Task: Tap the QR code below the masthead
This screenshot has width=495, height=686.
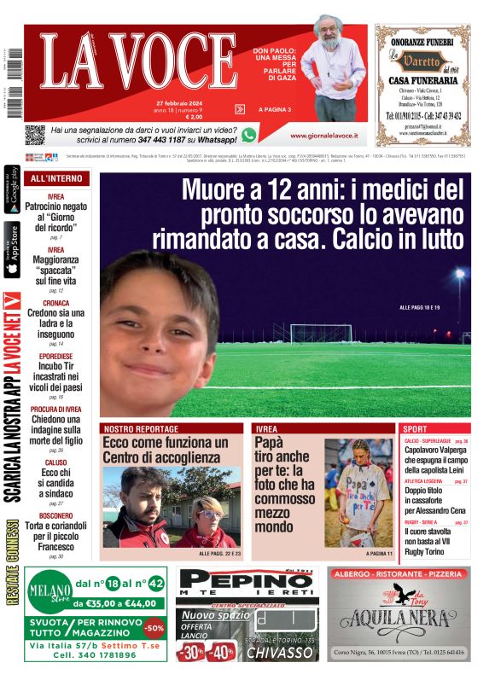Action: tap(35, 134)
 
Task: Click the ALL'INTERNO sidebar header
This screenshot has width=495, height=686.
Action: tap(56, 179)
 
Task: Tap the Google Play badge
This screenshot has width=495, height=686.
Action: tap(12, 191)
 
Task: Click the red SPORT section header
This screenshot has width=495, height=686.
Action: tap(416, 428)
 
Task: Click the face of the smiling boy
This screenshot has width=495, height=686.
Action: tap(158, 328)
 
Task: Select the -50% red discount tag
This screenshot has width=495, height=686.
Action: tap(154, 628)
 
